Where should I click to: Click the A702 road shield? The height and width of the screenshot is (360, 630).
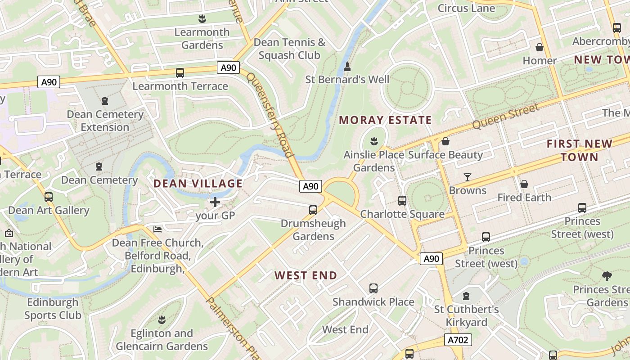[459, 340]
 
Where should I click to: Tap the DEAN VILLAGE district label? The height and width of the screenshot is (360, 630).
[198, 184]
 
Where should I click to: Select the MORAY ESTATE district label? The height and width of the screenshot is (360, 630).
[385, 120]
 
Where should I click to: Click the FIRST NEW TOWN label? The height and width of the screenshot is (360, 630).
[579, 150]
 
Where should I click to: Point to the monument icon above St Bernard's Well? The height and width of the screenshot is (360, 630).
[347, 67]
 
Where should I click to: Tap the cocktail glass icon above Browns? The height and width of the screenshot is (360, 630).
[468, 177]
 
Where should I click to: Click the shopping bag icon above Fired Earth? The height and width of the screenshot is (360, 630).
[524, 184]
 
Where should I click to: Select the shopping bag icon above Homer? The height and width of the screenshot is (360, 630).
[539, 47]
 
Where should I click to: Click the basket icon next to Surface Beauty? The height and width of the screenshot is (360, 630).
[445, 142]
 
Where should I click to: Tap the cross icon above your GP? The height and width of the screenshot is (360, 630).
[215, 202]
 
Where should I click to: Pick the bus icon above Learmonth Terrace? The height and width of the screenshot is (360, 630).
[180, 72]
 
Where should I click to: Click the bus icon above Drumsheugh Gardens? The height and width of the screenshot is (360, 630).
[313, 210]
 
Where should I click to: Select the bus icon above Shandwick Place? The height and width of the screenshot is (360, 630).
[373, 288]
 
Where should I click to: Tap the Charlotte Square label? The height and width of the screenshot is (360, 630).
[402, 214]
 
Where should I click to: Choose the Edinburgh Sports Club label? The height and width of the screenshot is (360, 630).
[53, 309]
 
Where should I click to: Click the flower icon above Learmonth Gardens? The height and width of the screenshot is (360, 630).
[202, 19]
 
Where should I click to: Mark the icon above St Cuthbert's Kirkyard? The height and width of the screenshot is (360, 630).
[466, 296]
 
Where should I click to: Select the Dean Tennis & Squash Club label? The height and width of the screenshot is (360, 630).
[289, 49]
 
